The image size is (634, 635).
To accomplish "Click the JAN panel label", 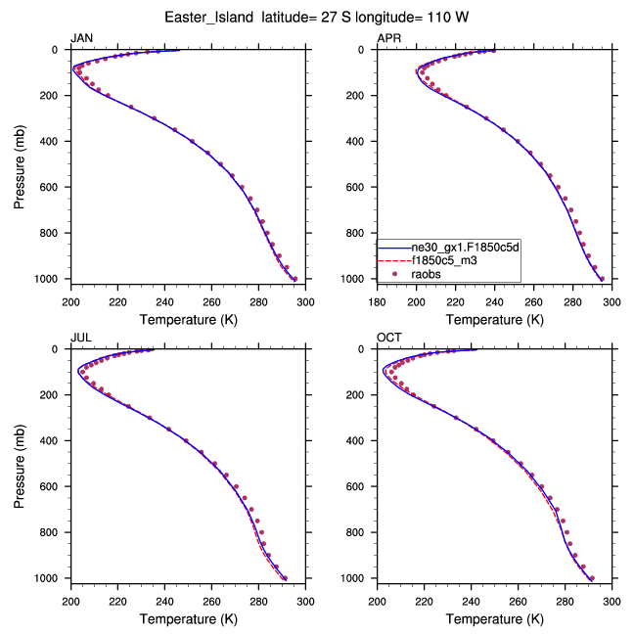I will pos(82,38).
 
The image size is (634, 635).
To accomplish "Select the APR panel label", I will pos(389,38).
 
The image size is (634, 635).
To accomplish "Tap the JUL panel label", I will pos(81,338).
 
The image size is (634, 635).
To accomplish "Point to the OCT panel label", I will pos(389,338).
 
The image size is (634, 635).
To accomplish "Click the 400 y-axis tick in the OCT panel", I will pos(361,440).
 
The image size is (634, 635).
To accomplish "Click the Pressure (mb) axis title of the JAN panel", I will pos(21,164).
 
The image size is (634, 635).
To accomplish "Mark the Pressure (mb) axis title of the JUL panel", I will pos(21,464).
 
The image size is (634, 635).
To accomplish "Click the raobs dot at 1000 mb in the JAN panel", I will pos(294,279).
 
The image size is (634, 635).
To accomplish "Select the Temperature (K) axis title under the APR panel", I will pos(494,319).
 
